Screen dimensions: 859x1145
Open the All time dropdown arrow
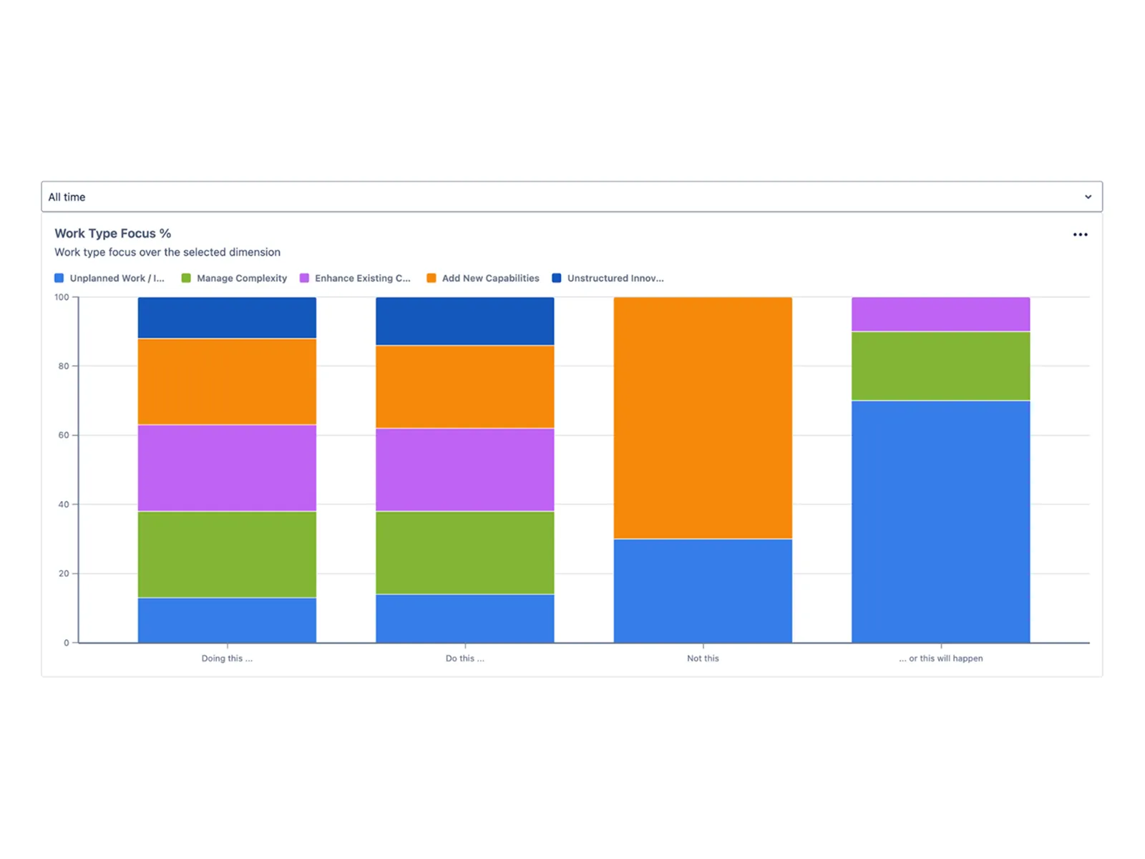(1088, 197)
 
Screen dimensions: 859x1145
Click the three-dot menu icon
(1080, 235)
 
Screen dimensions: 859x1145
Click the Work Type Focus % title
(112, 233)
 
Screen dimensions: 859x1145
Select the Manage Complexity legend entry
(235, 278)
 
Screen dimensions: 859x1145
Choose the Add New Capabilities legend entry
(483, 278)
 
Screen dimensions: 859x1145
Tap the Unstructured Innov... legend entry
(608, 278)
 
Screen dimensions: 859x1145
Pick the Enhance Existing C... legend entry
(356, 278)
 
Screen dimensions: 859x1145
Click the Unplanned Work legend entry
(110, 278)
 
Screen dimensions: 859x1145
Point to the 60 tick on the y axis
(64, 435)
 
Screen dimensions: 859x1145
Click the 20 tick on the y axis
(64, 573)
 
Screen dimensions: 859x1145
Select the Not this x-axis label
(703, 659)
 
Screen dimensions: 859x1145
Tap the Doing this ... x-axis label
(227, 659)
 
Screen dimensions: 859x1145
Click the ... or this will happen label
(941, 659)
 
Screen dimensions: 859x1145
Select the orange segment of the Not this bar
(703, 418)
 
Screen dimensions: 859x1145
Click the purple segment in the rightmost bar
(940, 314)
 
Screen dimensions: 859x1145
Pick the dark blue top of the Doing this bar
(227, 318)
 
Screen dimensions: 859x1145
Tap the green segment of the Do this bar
(464, 553)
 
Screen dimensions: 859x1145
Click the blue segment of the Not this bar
(703, 591)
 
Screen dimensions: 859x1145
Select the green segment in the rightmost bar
(940, 366)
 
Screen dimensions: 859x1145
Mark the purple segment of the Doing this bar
(227, 468)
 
